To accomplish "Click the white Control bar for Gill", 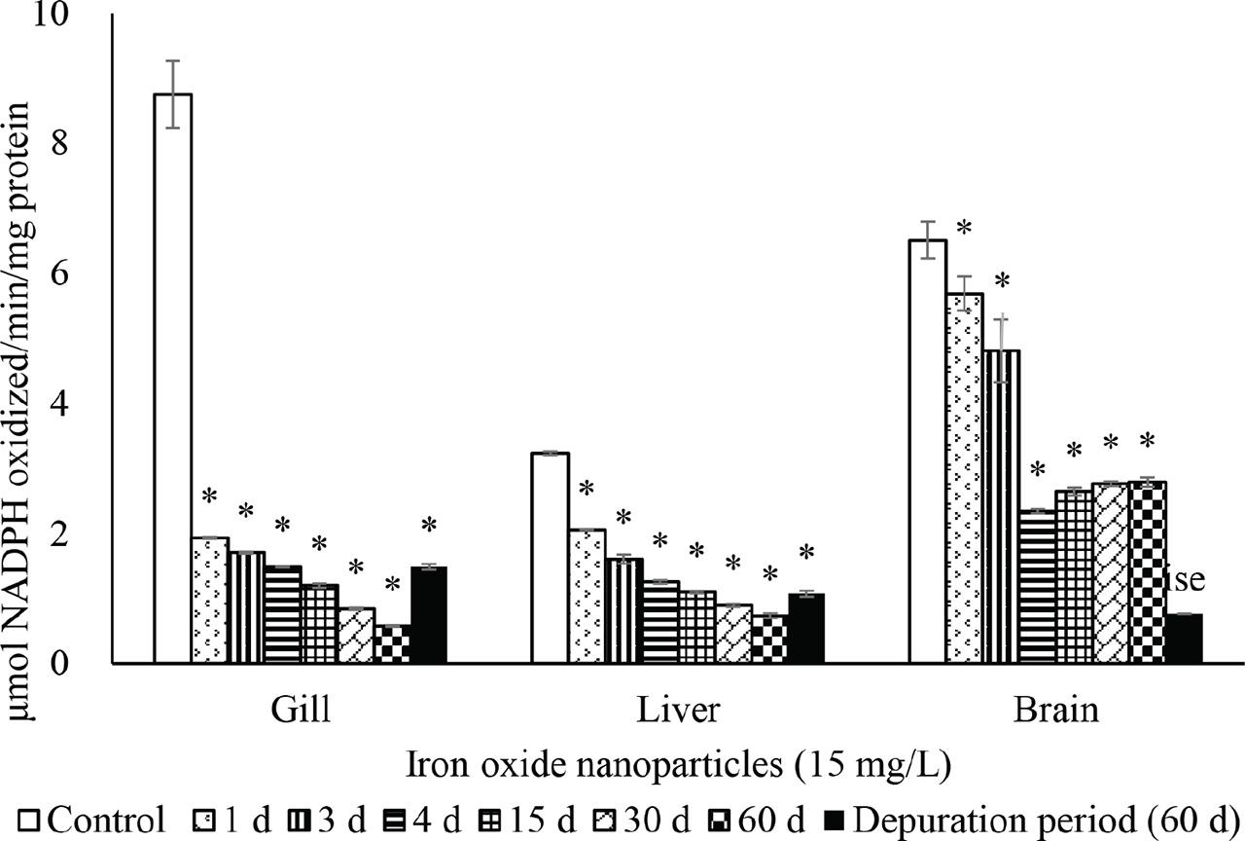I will [173, 380].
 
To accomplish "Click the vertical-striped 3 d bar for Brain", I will [1001, 507].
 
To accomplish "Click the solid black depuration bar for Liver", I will [805, 629].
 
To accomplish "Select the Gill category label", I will [300, 710].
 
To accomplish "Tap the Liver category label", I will [678, 710].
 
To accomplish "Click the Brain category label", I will [1055, 710].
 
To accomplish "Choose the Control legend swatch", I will [28, 819].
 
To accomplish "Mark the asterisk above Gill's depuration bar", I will [429, 527].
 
